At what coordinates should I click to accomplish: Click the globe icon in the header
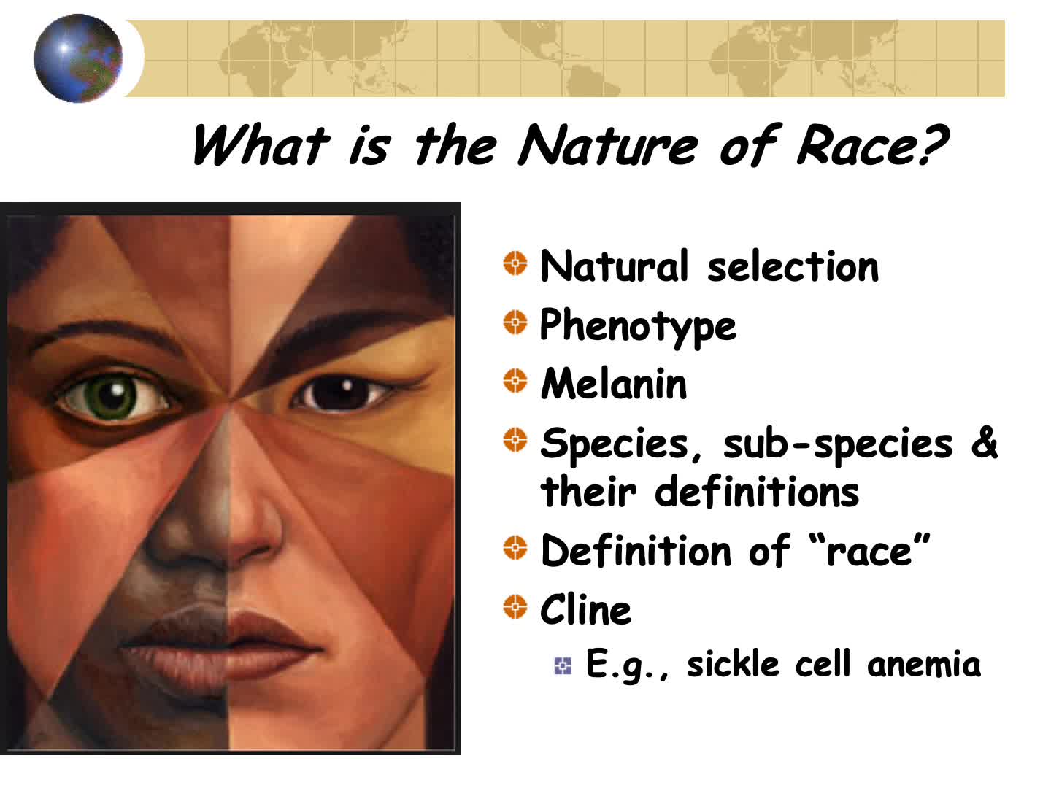pyautogui.click(x=78, y=58)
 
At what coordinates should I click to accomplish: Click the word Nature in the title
pyautogui.click(x=608, y=145)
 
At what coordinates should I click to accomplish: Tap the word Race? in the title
pyautogui.click(x=872, y=144)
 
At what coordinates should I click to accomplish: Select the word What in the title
pyautogui.click(x=261, y=144)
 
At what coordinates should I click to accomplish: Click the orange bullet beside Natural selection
pyautogui.click(x=515, y=263)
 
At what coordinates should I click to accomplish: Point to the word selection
pyautogui.click(x=793, y=266)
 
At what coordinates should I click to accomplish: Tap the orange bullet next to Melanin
pyautogui.click(x=515, y=380)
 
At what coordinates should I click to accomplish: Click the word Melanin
pyautogui.click(x=614, y=383)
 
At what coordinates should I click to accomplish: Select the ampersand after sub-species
pyautogui.click(x=984, y=442)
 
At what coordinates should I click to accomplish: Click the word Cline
pyautogui.click(x=585, y=609)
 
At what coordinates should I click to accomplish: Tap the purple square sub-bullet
pyautogui.click(x=563, y=665)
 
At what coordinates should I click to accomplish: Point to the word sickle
pyautogui.click(x=733, y=664)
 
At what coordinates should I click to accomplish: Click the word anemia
pyautogui.click(x=923, y=664)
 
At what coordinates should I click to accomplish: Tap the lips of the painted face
pyautogui.click(x=221, y=641)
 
